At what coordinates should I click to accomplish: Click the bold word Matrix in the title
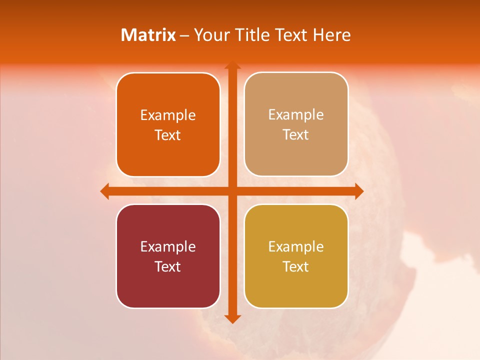click(x=148, y=35)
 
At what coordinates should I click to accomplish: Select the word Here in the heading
click(x=331, y=35)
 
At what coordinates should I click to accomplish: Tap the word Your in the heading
click(x=211, y=35)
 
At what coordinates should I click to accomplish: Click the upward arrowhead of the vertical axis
click(x=232, y=65)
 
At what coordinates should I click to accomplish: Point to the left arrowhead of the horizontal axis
click(x=104, y=191)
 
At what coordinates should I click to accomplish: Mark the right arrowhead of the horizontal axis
click(x=359, y=191)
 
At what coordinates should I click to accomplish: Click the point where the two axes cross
click(x=232, y=191)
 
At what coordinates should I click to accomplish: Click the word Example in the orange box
click(x=168, y=115)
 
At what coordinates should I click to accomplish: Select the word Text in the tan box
click(x=296, y=135)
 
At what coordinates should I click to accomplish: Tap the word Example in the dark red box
click(x=168, y=246)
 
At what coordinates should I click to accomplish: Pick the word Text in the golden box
click(x=296, y=266)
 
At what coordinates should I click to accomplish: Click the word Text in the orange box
click(x=168, y=135)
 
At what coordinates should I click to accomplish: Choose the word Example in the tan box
click(x=296, y=115)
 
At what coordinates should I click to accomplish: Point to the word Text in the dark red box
click(x=168, y=266)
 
